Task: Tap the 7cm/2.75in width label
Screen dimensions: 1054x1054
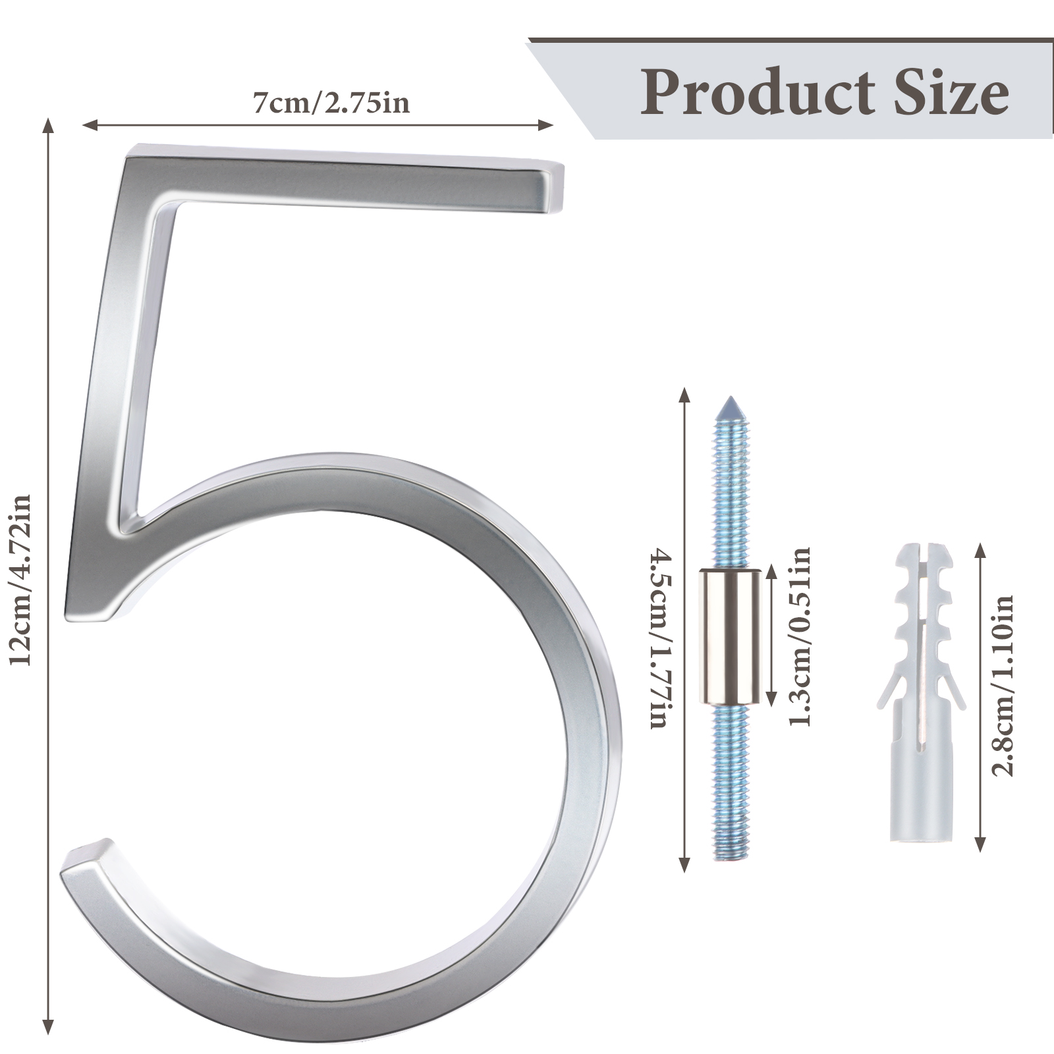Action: tap(331, 103)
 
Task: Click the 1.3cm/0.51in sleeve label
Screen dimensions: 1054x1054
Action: tap(799, 636)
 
